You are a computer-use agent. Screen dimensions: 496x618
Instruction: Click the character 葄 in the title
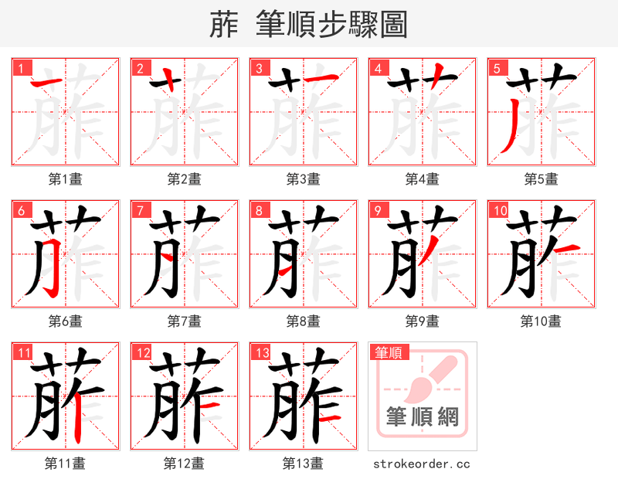click(x=224, y=25)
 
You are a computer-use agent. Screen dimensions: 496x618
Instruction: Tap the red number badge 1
click(x=20, y=68)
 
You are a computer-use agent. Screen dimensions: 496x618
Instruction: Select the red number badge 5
click(x=496, y=68)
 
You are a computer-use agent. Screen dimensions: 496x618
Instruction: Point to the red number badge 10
click(x=498, y=210)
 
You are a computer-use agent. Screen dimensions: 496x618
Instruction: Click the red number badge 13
click(x=261, y=353)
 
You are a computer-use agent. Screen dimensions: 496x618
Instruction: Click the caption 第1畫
click(x=65, y=179)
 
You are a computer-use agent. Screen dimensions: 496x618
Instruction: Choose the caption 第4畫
click(x=422, y=179)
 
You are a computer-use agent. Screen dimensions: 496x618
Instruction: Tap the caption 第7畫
click(x=184, y=321)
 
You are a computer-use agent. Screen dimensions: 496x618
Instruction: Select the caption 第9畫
click(x=422, y=321)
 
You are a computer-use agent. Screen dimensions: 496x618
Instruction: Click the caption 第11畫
click(x=65, y=464)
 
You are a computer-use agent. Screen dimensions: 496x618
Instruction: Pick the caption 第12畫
click(x=184, y=464)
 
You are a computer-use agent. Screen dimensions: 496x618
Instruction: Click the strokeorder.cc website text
click(x=422, y=464)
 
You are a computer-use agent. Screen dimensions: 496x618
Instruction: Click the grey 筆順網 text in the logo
click(x=422, y=417)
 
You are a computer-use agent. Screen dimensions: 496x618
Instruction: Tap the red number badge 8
click(x=258, y=210)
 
